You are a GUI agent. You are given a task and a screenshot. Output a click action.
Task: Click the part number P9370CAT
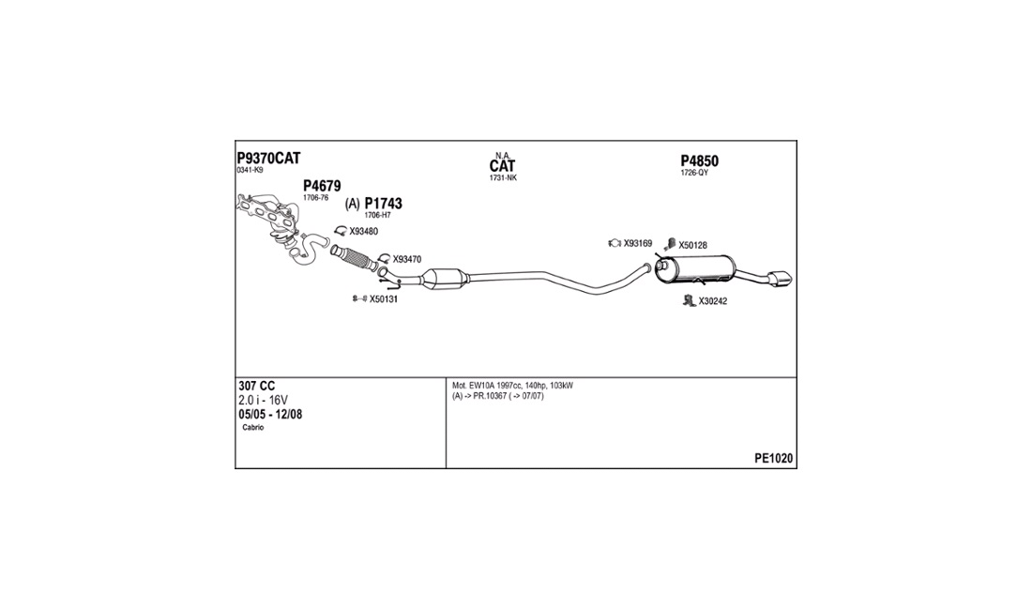(x=268, y=158)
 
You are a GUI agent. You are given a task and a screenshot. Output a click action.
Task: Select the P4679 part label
(x=322, y=186)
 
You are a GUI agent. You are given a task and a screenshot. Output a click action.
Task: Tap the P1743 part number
(x=383, y=203)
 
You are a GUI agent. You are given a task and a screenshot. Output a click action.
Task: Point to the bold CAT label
(x=502, y=166)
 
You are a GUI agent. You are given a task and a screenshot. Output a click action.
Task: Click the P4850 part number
(x=700, y=161)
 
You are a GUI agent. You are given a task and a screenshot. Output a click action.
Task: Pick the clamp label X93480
(x=363, y=231)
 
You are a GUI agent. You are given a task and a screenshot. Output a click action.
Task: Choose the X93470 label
(x=407, y=259)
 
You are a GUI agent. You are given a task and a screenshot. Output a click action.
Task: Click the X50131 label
(x=384, y=299)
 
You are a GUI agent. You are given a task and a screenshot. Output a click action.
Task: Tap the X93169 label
(x=638, y=244)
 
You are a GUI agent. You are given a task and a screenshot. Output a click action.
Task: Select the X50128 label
(x=692, y=245)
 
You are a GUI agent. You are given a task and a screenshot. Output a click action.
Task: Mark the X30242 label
(x=713, y=301)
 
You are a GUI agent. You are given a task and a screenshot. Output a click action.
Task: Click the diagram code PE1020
(x=773, y=459)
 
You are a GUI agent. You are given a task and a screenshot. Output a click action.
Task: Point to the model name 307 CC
(x=257, y=387)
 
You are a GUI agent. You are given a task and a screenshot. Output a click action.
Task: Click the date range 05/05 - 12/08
(x=270, y=414)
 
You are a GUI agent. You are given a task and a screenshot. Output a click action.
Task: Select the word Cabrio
(x=253, y=428)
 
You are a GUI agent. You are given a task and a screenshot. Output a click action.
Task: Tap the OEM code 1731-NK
(x=503, y=178)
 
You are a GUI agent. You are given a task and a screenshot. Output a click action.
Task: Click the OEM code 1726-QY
(x=694, y=174)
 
